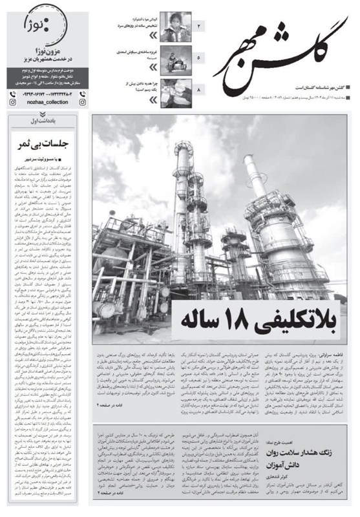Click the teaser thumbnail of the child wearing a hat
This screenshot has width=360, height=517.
pos(175,26)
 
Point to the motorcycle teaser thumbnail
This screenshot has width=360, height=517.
pos(175,58)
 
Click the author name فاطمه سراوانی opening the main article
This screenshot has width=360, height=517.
pos(337,355)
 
